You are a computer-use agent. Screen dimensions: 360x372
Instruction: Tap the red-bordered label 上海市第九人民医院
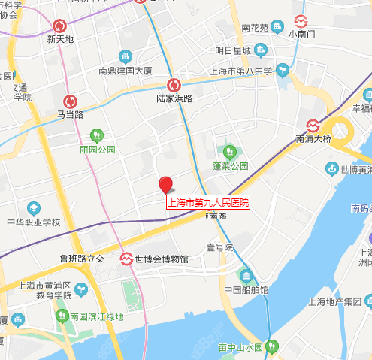[207, 202]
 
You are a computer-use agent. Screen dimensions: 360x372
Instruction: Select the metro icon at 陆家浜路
[174, 85]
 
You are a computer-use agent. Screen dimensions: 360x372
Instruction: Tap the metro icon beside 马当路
[70, 101]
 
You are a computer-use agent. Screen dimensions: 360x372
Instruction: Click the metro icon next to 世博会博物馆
[127, 259]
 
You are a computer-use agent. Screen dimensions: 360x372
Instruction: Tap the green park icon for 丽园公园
[96, 135]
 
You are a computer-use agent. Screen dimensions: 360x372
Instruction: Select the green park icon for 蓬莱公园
[223, 150]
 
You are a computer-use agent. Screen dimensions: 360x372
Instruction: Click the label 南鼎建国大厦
[126, 71]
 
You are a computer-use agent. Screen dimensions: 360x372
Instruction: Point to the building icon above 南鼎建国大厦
[126, 57]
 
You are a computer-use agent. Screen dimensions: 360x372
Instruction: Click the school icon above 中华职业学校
[34, 207]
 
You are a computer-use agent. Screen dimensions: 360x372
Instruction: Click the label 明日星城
[232, 51]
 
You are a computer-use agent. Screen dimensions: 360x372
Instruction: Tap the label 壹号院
[220, 247]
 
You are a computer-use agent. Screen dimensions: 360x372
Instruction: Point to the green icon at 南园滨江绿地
[63, 316]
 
